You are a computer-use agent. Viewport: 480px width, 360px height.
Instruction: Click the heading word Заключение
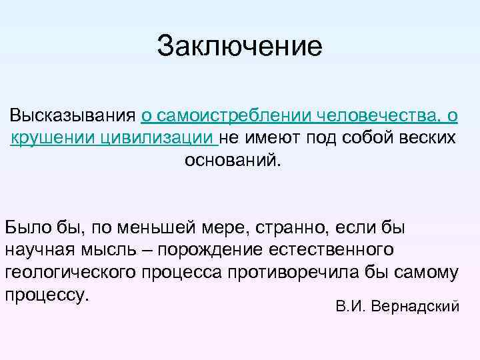point(239,47)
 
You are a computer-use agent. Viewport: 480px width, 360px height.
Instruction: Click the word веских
point(424,138)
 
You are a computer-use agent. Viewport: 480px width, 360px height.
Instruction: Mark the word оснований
point(233,161)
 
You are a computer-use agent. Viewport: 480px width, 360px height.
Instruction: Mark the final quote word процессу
point(47,295)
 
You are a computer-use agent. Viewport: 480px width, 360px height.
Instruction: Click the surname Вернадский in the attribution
point(415,307)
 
